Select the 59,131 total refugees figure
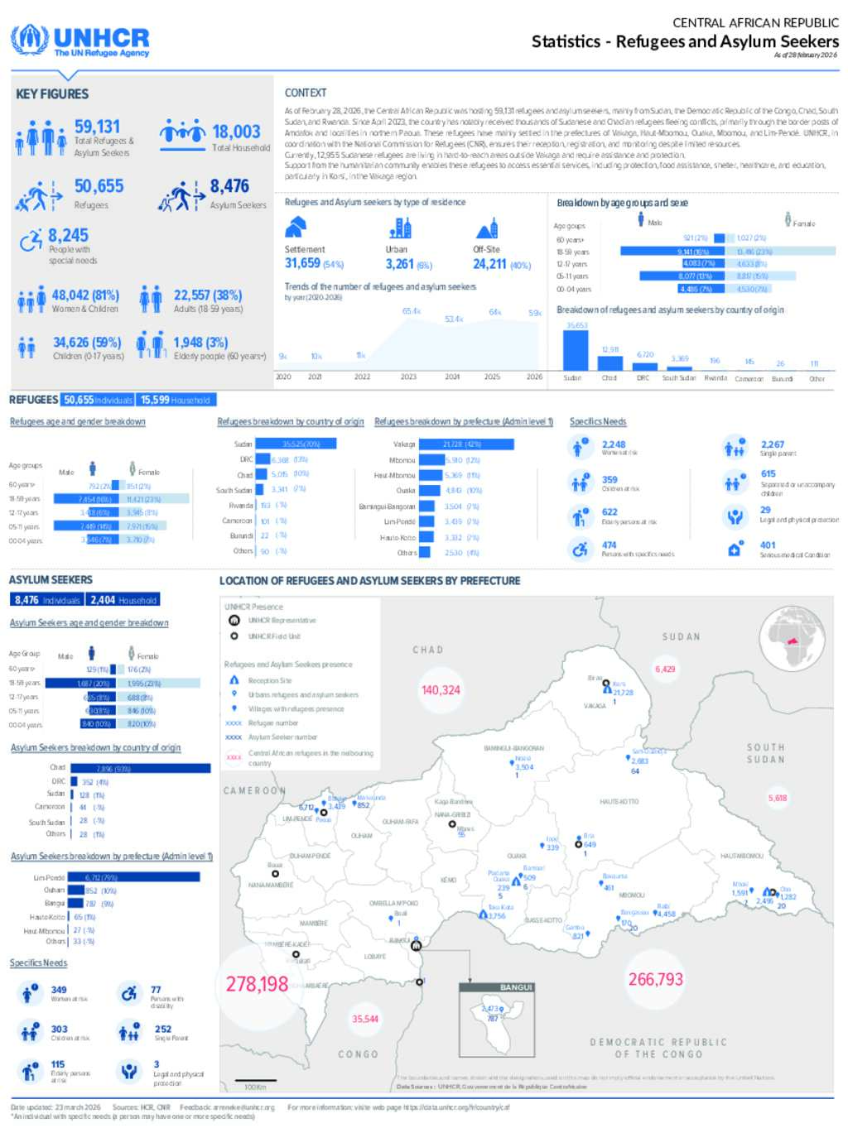click(x=97, y=127)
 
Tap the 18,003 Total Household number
click(x=236, y=132)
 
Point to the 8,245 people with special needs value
click(x=68, y=235)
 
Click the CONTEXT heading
click(x=306, y=93)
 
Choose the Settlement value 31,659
click(x=302, y=263)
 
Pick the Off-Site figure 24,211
click(x=489, y=264)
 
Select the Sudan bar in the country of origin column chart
click(x=576, y=350)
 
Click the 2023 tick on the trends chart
click(x=408, y=377)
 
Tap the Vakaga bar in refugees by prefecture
click(x=461, y=444)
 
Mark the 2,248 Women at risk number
click(x=614, y=444)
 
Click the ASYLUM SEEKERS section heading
click(x=51, y=579)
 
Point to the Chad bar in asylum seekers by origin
click(x=141, y=768)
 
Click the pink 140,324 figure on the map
click(x=441, y=689)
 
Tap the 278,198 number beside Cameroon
click(x=257, y=984)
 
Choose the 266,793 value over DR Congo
click(x=655, y=979)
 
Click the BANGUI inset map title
click(x=516, y=987)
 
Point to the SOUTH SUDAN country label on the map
click(x=765, y=753)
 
